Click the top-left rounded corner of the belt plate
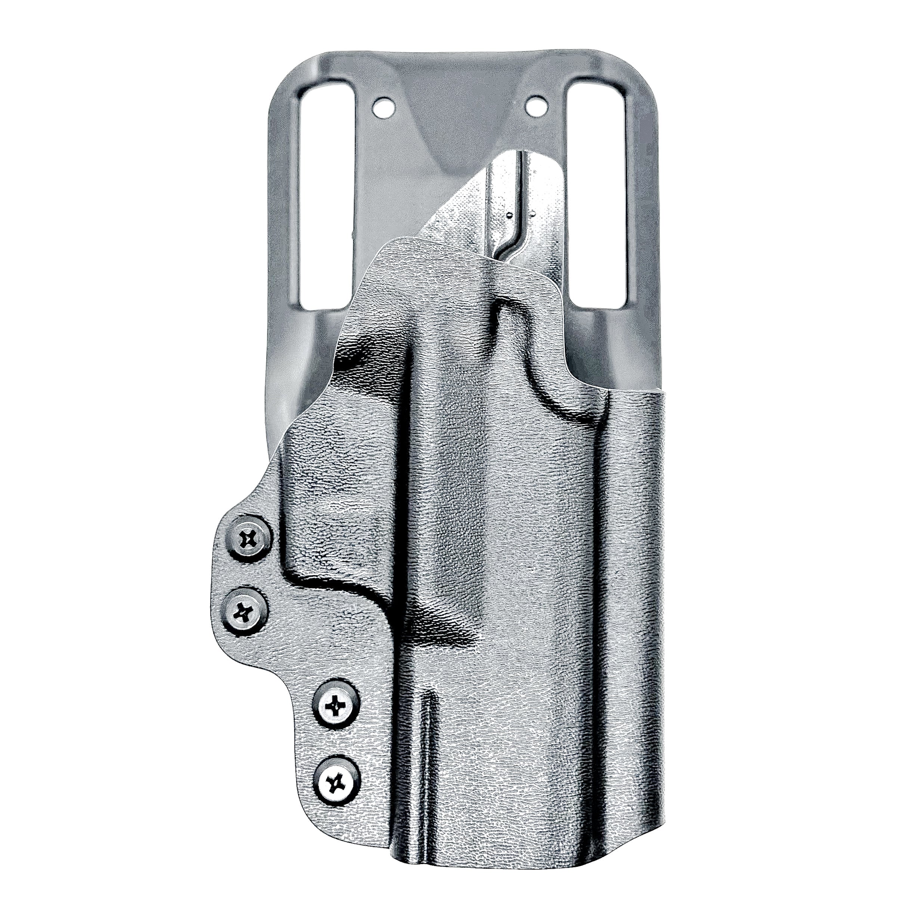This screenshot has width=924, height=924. (292, 67)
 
